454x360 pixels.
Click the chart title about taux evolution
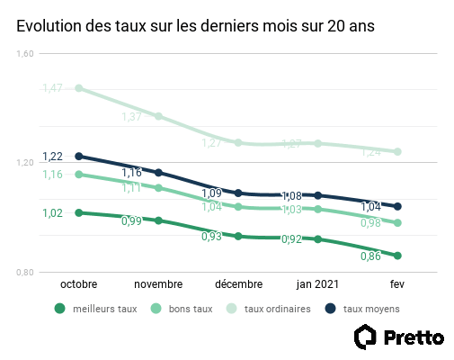pyautogui.click(x=195, y=27)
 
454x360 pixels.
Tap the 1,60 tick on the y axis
pyautogui.click(x=25, y=54)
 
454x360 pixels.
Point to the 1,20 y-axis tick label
pyautogui.click(x=25, y=163)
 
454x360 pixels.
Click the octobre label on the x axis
pyautogui.click(x=78, y=283)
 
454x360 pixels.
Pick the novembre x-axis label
pyautogui.click(x=158, y=283)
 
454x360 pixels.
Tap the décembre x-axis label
pyautogui.click(x=238, y=283)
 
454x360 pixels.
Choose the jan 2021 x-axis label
pyautogui.click(x=318, y=283)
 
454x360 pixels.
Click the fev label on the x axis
pyautogui.click(x=397, y=283)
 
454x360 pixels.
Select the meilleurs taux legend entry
pyautogui.click(x=96, y=309)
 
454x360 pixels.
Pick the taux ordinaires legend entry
pyautogui.click(x=269, y=309)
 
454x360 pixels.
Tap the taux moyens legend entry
pyautogui.click(x=362, y=309)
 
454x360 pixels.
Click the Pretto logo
pyautogui.click(x=399, y=338)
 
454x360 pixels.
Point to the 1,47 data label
pyautogui.click(x=52, y=87)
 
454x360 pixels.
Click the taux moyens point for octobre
pyautogui.click(x=79, y=156)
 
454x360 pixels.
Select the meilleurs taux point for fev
pyautogui.click(x=397, y=256)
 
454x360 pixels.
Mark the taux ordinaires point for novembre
pyautogui.click(x=158, y=116)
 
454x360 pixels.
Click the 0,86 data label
pyautogui.click(x=370, y=256)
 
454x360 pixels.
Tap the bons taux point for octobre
pyautogui.click(x=79, y=175)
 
